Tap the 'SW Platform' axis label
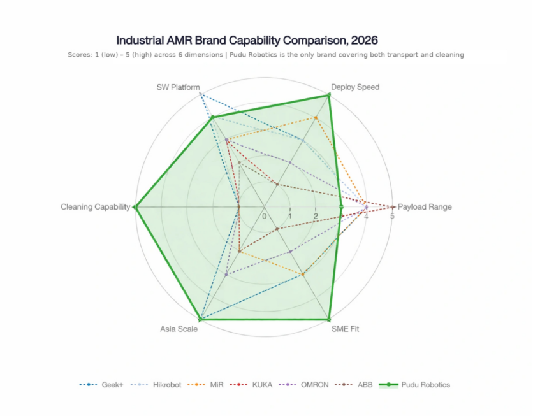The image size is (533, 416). point(178,87)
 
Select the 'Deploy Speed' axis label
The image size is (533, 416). point(355,87)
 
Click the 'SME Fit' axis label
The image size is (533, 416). point(345,329)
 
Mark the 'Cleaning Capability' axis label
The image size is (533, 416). point(95,207)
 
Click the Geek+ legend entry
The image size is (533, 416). point(101,385)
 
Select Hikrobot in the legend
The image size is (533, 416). point(156,385)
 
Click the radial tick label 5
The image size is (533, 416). point(392,217)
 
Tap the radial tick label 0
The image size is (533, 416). point(265,217)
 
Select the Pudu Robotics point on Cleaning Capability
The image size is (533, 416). point(135,207)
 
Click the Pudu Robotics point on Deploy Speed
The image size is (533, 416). point(329,95)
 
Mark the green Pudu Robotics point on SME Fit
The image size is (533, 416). point(329,319)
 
